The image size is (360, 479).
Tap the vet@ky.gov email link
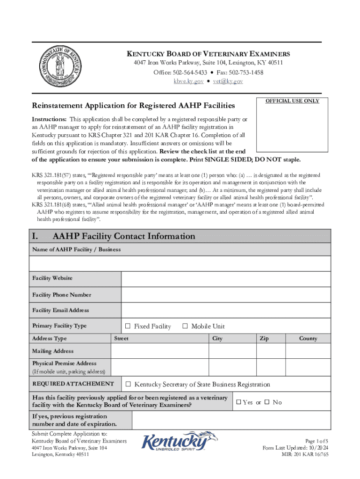tap(228, 81)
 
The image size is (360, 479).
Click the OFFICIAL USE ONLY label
tap(292, 101)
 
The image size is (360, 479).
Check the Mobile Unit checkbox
tap(185, 327)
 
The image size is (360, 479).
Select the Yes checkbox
tap(238, 402)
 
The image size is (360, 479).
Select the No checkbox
tap(267, 402)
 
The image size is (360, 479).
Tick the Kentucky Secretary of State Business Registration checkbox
tap(128, 385)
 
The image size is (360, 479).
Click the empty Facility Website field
tap(226, 279)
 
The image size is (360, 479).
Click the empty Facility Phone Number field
tap(226, 295)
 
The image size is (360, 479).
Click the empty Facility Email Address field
tap(226, 310)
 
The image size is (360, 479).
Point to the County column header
tap(308, 339)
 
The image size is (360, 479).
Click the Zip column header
tap(264, 339)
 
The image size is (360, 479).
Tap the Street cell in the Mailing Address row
tap(159, 351)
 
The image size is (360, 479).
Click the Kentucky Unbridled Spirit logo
tap(180, 442)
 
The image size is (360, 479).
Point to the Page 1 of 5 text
tap(317, 441)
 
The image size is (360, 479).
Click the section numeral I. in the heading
tap(36, 236)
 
